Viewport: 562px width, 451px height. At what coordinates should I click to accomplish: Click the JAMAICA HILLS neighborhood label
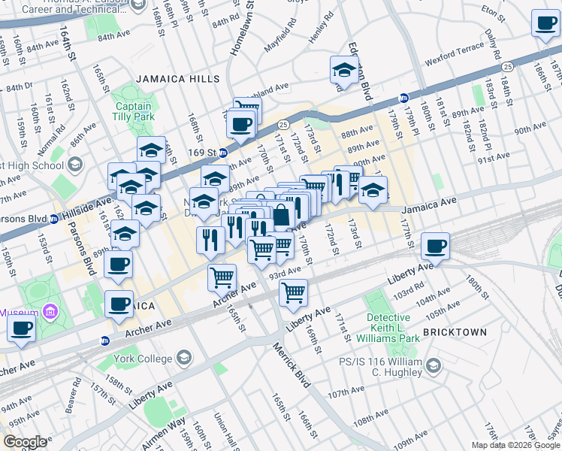(x=178, y=79)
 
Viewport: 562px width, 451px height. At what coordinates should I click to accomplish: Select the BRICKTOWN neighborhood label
(x=455, y=331)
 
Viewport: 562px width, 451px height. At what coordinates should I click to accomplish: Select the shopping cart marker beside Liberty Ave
(x=293, y=292)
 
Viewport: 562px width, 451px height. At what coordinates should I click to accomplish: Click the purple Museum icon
(x=50, y=311)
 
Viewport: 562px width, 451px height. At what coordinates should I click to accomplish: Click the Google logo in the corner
(x=25, y=441)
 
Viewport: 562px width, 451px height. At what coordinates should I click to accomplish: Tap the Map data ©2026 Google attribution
(x=515, y=445)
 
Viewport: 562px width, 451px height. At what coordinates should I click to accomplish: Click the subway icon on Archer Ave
(x=105, y=341)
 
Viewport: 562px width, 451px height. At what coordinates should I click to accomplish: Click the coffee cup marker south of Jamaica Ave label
(x=435, y=245)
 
